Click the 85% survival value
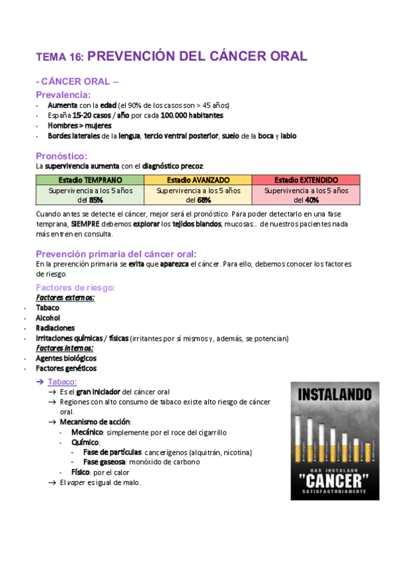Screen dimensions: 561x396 [x=96, y=200]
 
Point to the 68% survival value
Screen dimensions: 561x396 [x=204, y=200]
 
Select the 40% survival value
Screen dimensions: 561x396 [x=312, y=200]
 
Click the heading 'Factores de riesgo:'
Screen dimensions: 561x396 [x=75, y=287]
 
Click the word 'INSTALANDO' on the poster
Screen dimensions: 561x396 [x=335, y=395]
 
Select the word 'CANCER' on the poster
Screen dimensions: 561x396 [x=335, y=478]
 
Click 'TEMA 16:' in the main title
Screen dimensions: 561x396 [x=59, y=58]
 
